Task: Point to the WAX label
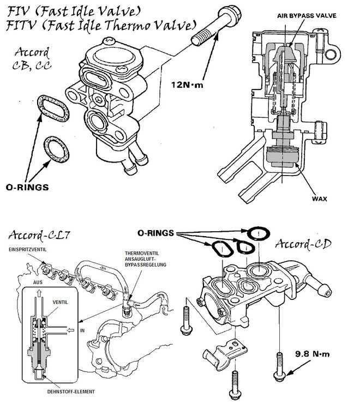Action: [x=319, y=199]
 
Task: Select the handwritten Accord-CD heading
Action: [x=303, y=244]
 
